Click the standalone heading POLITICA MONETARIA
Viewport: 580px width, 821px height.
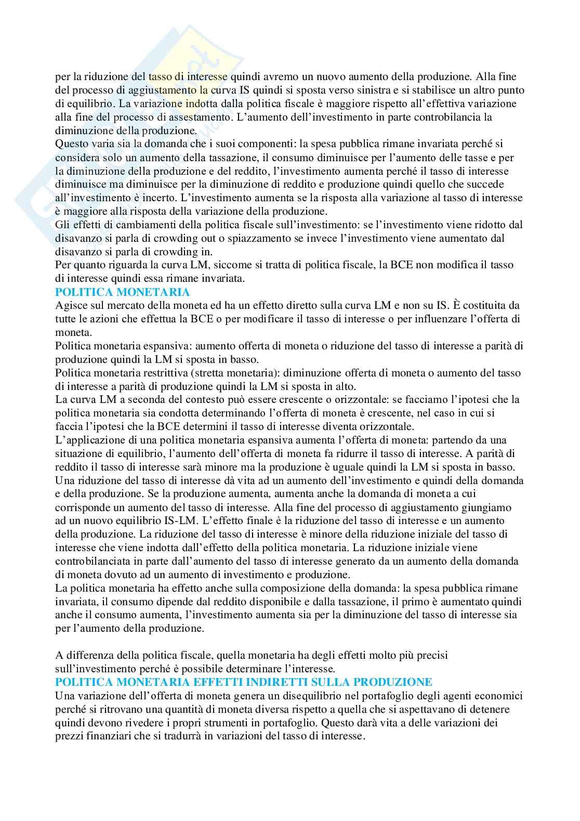tap(123, 292)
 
